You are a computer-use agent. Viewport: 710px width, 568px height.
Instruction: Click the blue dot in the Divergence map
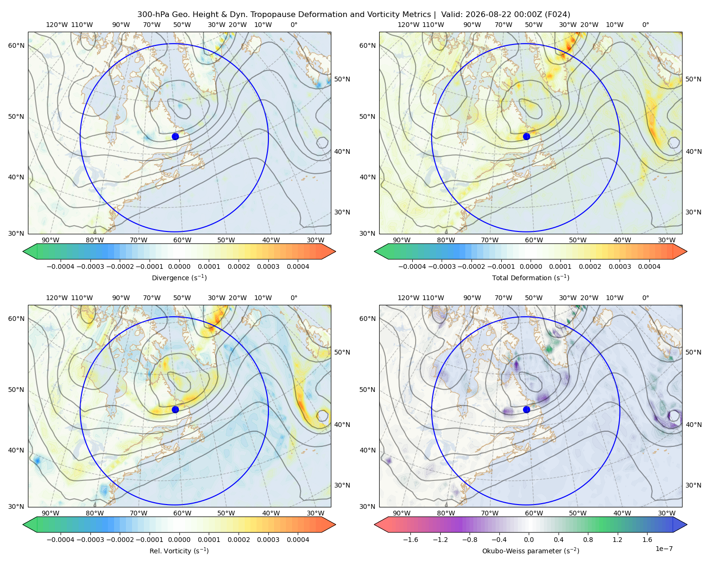175,136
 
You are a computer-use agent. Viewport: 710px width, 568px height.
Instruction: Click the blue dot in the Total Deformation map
526,136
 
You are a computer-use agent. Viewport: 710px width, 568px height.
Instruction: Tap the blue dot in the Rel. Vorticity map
175,409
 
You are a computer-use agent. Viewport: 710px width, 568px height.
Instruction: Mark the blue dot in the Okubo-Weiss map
526,409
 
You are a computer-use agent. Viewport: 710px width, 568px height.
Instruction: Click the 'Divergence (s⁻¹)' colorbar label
179,277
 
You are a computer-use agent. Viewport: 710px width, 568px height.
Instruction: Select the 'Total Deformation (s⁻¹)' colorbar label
531,277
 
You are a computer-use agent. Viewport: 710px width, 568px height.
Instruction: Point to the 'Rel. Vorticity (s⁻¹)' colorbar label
179,550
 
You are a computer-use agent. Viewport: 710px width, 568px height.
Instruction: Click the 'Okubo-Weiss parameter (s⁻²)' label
531,550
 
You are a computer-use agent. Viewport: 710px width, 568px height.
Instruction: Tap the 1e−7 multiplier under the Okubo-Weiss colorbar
664,549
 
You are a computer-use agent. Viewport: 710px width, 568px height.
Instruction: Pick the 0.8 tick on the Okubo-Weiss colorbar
588,539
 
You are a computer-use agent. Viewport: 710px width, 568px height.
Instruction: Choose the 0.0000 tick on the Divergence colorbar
179,266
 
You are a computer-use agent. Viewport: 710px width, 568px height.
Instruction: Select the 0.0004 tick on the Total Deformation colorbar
649,266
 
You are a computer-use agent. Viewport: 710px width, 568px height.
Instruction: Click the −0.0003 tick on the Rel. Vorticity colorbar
90,539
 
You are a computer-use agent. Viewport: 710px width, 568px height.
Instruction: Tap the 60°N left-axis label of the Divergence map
16,45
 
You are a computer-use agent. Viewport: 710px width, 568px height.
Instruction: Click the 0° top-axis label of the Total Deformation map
645,25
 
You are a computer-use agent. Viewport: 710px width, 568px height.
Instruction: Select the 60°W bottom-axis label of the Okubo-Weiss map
533,513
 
